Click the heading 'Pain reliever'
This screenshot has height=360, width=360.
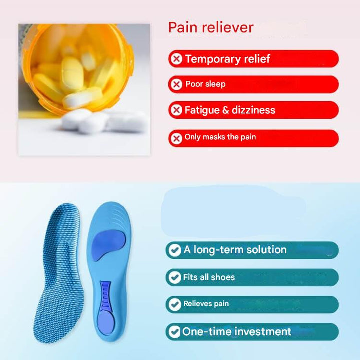tap(211, 28)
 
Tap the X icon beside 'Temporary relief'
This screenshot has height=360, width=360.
tap(176, 59)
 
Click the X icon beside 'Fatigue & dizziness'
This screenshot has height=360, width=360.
tap(176, 110)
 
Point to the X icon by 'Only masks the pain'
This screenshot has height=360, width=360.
tap(176, 138)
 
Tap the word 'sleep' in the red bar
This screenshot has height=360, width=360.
tap(215, 84)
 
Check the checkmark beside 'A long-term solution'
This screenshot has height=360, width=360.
tap(174, 250)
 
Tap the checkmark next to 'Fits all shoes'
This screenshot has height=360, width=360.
tap(174, 277)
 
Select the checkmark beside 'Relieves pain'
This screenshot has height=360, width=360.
tap(174, 304)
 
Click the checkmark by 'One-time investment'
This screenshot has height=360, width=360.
tap(174, 331)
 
